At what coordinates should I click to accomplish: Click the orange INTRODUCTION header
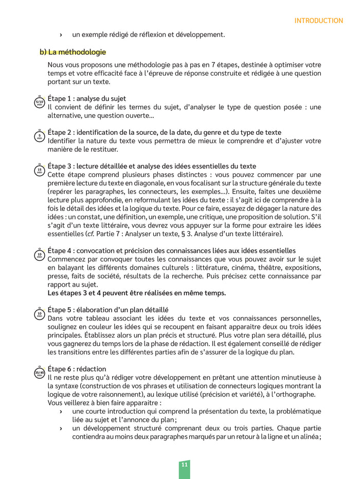pos(318,21)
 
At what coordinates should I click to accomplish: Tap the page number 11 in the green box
pos(184,465)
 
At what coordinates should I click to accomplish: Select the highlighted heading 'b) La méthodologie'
pos(73,52)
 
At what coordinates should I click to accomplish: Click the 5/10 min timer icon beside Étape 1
pos(40,102)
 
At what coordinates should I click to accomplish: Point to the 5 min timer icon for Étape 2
pos(40,136)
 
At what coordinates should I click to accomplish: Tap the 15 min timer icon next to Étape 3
pos(40,170)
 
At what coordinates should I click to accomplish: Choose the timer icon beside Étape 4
pos(40,255)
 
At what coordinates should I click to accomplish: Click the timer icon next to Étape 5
pos(40,314)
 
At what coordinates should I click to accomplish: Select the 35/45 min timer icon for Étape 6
pos(40,373)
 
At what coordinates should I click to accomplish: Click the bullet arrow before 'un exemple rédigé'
pos(61,35)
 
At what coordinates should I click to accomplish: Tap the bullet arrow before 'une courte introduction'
pos(61,412)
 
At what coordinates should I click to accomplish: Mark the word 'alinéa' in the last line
pos(309,437)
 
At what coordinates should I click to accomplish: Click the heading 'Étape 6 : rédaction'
pos(77,369)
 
